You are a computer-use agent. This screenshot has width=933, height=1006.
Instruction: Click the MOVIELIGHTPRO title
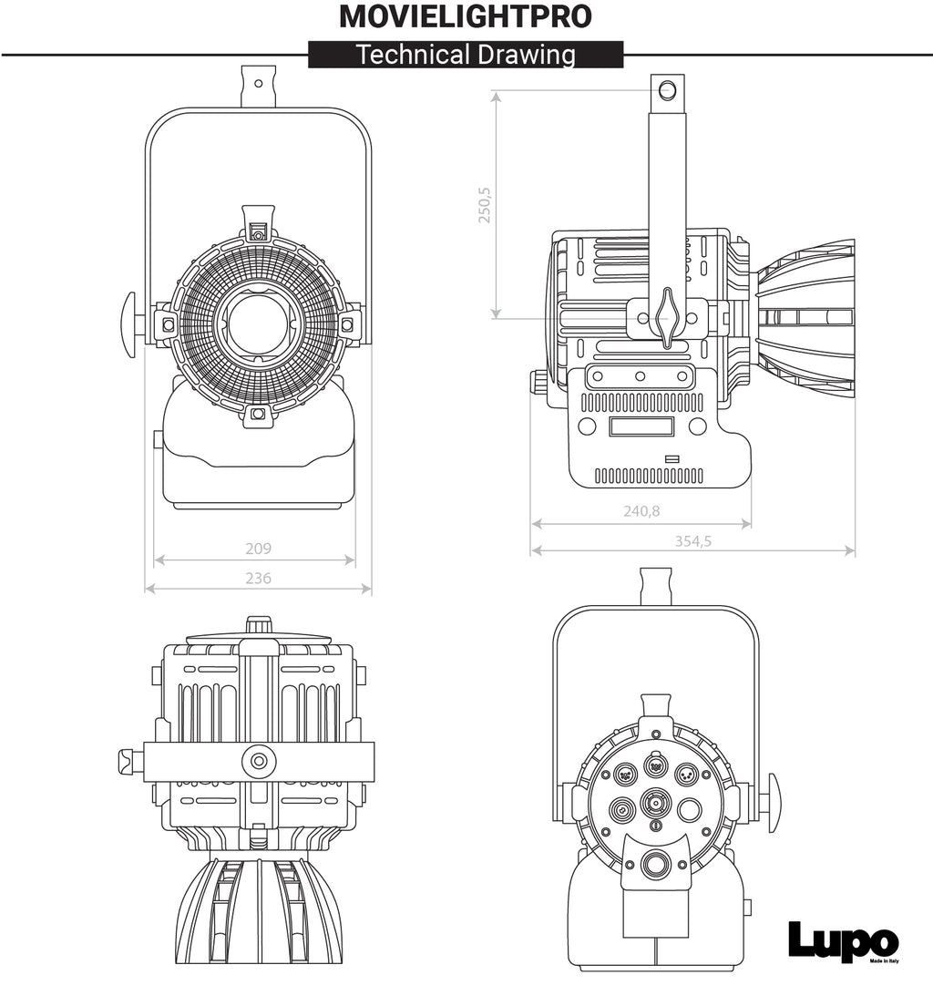(466, 16)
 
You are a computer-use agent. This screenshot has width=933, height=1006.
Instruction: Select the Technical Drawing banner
(466, 55)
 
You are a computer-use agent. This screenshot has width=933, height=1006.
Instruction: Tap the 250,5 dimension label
(485, 205)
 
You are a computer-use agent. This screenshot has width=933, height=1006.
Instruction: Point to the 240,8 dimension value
(641, 511)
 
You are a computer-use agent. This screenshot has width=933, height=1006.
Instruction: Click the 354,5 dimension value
(693, 541)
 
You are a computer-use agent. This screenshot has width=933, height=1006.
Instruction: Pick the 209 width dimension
(258, 549)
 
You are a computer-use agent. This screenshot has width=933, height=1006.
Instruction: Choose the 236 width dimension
(258, 578)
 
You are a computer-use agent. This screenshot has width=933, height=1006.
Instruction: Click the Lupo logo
(843, 941)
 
